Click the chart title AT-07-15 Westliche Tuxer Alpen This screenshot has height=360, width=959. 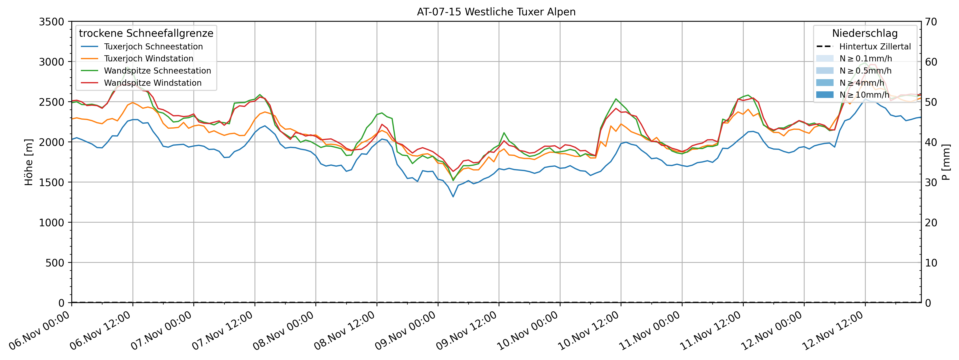tap(496, 12)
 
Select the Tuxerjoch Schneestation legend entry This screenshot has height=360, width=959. tap(153, 47)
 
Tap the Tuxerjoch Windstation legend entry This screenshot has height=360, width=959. tap(149, 58)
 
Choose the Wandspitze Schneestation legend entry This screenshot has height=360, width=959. tap(157, 71)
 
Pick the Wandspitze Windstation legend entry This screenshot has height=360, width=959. tap(153, 83)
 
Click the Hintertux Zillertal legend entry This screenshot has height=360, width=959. tap(874, 47)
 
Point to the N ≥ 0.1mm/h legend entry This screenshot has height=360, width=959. tap(865, 58)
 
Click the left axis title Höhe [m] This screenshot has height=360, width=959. tap(29, 162)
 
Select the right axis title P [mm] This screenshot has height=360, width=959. tap(946, 162)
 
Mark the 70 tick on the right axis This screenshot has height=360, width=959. tap(931, 22)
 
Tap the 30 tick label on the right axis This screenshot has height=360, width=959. tap(931, 182)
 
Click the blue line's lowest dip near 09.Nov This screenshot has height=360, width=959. tap(453, 197)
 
